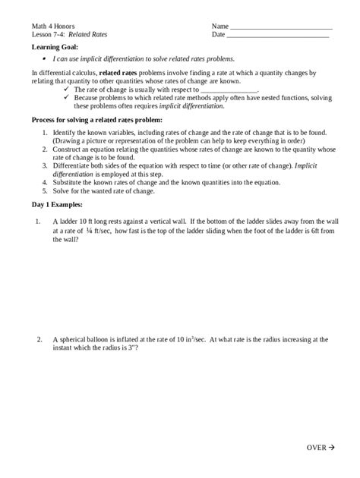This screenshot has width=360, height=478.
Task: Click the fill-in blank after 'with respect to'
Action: (x=229, y=89)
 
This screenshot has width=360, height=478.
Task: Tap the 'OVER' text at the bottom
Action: (x=317, y=447)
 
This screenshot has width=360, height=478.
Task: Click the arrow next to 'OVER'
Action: (x=332, y=447)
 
